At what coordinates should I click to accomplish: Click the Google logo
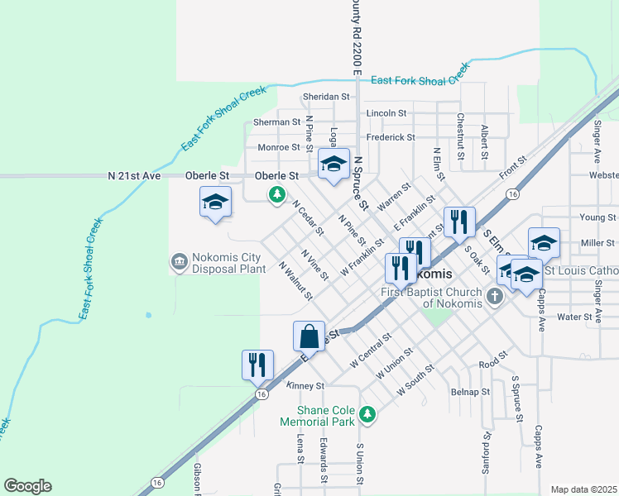click(x=27, y=486)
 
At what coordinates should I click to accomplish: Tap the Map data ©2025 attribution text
click(x=583, y=489)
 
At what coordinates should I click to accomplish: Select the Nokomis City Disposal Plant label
click(x=228, y=263)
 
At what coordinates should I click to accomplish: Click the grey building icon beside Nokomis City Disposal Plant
click(x=178, y=263)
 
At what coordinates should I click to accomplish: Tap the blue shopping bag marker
click(x=309, y=336)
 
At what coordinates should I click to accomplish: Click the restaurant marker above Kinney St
click(x=257, y=364)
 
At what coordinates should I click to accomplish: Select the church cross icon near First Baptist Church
click(x=495, y=296)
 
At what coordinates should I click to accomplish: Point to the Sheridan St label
click(x=303, y=97)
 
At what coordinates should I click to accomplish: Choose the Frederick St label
click(x=391, y=137)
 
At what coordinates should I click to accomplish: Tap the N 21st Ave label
click(x=132, y=176)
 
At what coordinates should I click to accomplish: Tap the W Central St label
click(x=370, y=350)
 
